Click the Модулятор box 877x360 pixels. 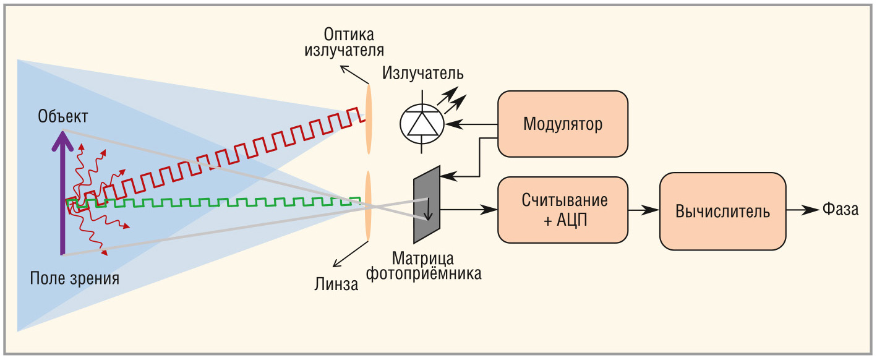[x=562, y=124]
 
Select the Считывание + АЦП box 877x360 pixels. [x=562, y=210]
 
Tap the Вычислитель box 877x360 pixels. [x=722, y=211]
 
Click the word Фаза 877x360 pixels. [x=840, y=210]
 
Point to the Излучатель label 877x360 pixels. [x=422, y=74]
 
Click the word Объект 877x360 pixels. [x=62, y=116]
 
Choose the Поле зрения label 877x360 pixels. [x=75, y=278]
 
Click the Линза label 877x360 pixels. [x=335, y=285]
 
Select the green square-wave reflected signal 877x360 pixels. [x=216, y=202]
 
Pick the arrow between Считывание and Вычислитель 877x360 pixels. [x=643, y=210]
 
